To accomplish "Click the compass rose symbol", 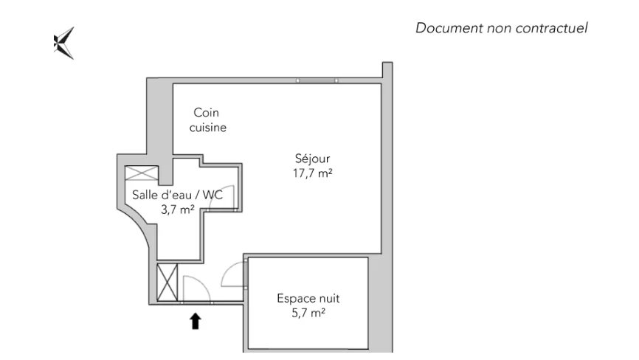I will (64, 43).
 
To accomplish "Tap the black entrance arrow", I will (196, 320).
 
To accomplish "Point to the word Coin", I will (207, 113).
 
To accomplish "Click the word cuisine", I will (207, 128).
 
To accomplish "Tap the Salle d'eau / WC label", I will (177, 195).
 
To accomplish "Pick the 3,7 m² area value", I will (177, 210).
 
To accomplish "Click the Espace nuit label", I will (308, 299).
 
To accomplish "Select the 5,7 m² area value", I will (308, 314).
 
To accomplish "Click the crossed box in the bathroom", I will (141, 174).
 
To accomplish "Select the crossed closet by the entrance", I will (167, 282).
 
